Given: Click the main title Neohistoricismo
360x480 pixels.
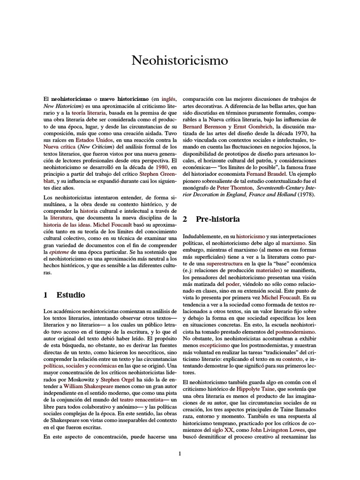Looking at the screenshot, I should (180, 60).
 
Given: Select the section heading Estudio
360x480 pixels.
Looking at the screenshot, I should (71, 295).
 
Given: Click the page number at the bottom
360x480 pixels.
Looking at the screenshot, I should (180, 453).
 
